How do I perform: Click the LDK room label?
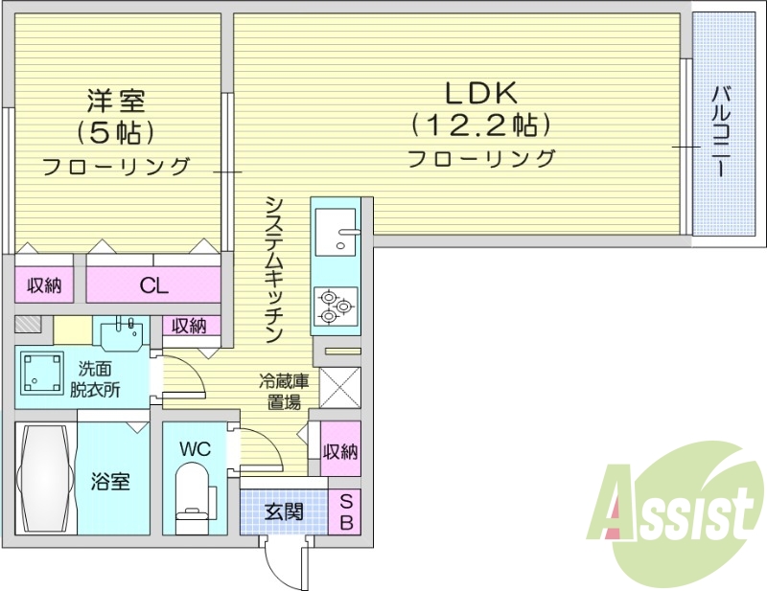tap(480, 92)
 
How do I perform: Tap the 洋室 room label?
tap(115, 99)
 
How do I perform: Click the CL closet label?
tap(153, 284)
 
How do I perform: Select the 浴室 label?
tap(111, 481)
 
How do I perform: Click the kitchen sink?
tap(335, 233)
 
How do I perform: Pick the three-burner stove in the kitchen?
tap(335, 306)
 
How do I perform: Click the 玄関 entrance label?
tap(283, 511)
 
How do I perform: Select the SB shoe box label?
tap(346, 512)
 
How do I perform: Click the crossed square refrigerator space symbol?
tap(339, 389)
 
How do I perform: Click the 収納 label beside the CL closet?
tap(43, 284)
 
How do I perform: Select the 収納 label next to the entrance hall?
tap(340, 451)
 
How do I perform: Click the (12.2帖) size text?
tap(480, 125)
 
